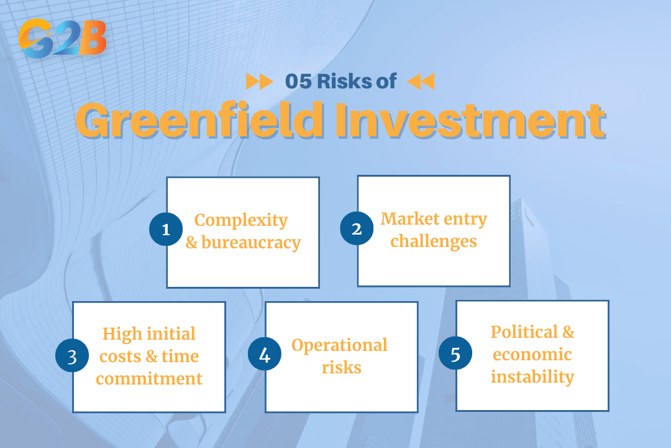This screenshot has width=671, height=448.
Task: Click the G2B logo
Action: click(62, 38)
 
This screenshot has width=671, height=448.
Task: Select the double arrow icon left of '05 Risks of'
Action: click(259, 82)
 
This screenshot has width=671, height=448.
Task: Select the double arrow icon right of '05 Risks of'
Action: click(421, 82)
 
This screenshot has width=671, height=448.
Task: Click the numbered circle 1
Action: click(166, 230)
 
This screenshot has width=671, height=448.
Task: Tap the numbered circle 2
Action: click(356, 228)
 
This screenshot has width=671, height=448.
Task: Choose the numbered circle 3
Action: click(72, 357)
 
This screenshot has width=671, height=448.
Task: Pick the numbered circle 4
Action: click(265, 355)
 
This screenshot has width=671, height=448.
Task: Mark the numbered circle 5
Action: click(455, 354)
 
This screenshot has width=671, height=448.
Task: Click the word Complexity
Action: click(241, 220)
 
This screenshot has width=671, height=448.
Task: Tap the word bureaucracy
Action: click(251, 242)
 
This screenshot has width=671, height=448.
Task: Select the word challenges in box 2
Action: click(434, 241)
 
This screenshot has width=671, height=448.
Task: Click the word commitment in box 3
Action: click(149, 378)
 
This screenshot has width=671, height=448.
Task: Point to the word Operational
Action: click(339, 345)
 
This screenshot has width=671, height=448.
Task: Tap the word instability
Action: click(532, 376)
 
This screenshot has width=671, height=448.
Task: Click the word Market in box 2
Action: click(406, 219)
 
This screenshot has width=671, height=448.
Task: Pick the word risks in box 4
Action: click(342, 367)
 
